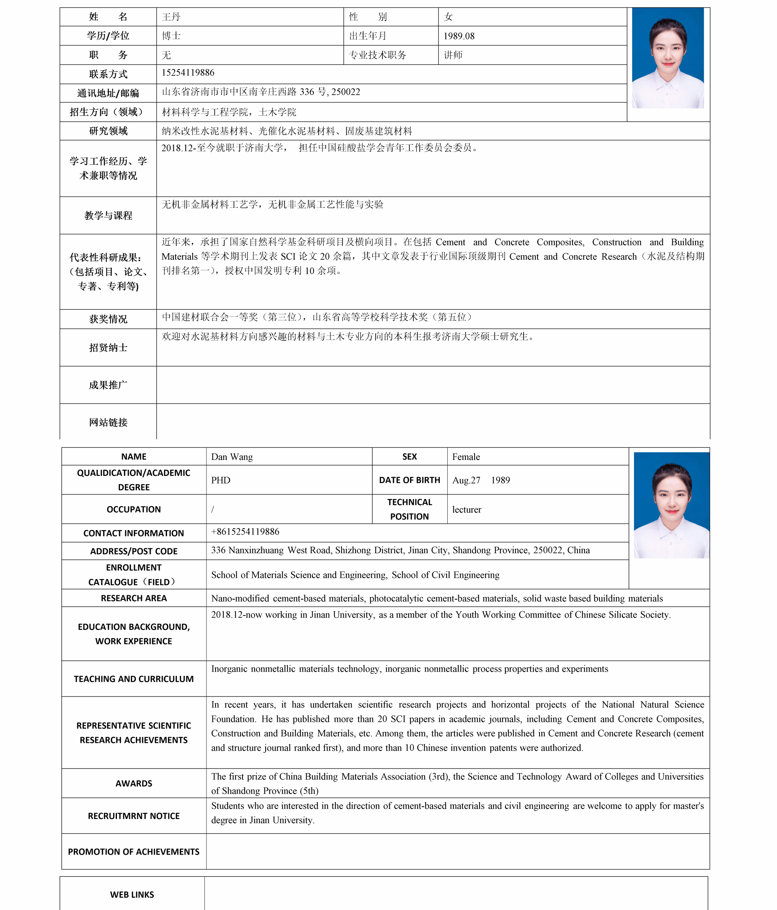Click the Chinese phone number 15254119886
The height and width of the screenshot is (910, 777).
pos(188,72)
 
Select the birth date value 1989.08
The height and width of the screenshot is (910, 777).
pos(458,36)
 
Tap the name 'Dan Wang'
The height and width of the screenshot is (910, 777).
pos(231,457)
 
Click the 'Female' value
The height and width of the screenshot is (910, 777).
pos(466,457)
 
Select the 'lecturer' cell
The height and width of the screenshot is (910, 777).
pos(466,510)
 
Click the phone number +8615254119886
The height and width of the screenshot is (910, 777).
pos(245,532)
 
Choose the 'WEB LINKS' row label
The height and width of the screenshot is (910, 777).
pos(132,894)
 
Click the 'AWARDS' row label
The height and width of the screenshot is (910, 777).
pos(134,783)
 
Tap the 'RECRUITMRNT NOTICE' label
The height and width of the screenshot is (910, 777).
pos(134,816)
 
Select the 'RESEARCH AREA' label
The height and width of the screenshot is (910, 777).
pos(134,598)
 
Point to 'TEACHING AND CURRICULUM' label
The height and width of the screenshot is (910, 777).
pos(134,679)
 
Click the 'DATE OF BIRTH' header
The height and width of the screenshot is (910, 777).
pos(409,480)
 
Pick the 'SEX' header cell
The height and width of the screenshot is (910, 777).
pos(409,457)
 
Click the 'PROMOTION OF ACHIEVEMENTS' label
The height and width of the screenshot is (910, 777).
pos(134,852)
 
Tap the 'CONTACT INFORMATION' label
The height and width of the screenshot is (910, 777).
pos(134,533)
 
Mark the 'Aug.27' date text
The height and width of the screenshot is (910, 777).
pos(466,480)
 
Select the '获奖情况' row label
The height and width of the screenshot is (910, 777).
pos(108,319)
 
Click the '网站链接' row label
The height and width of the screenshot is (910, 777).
pos(108,422)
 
